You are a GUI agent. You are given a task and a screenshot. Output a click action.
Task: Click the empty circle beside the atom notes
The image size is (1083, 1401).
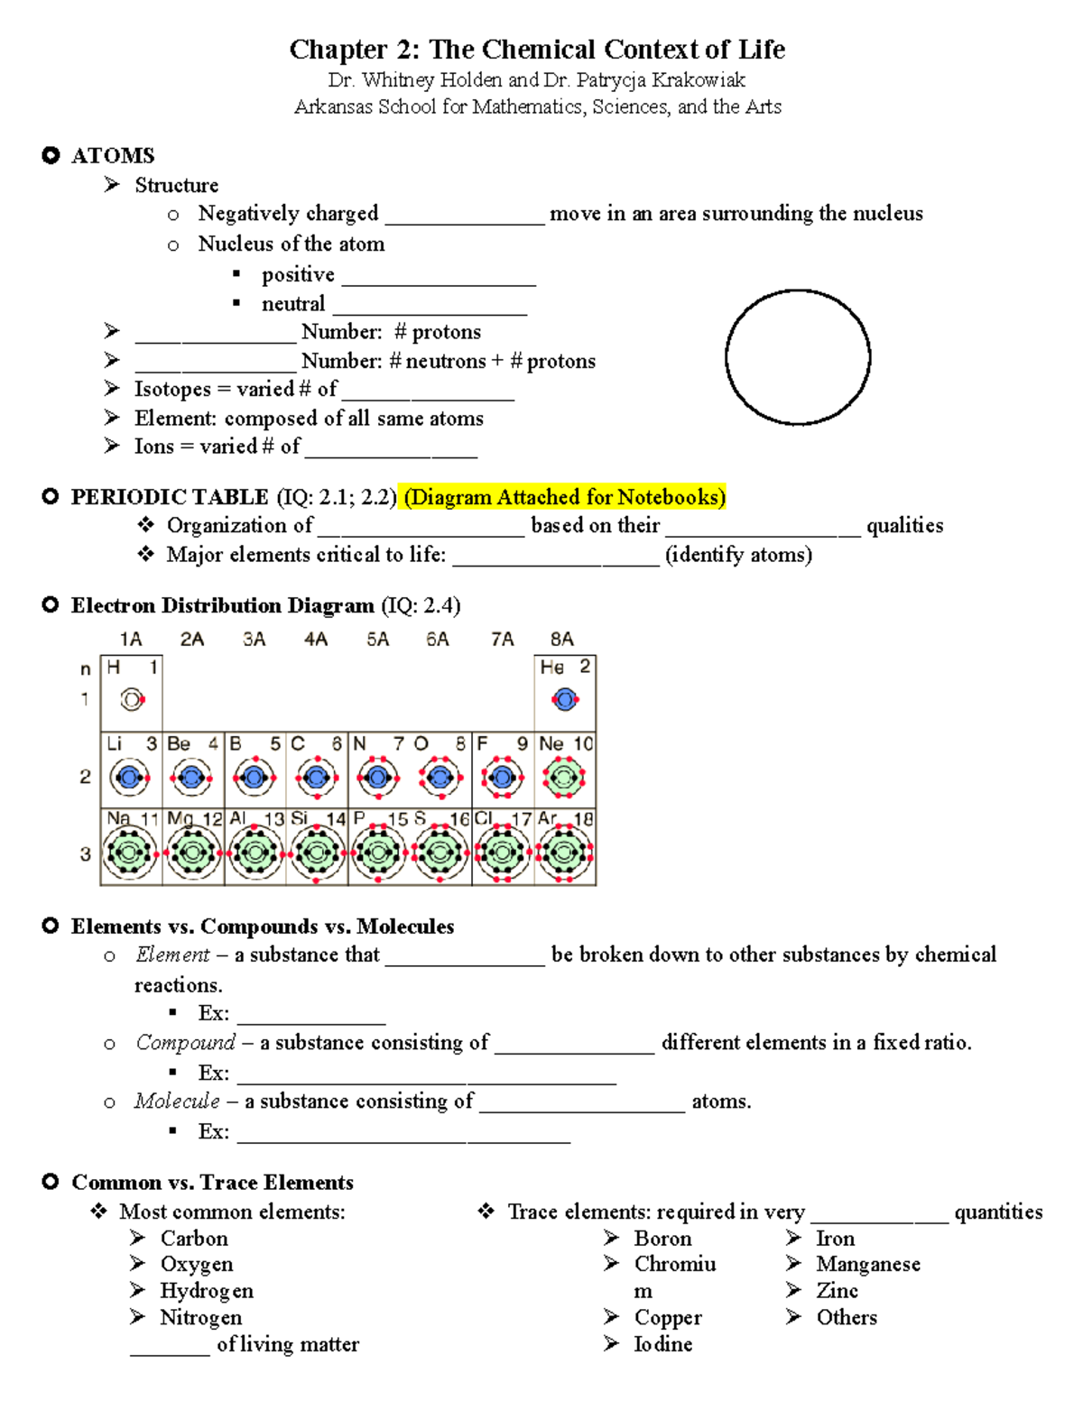798,357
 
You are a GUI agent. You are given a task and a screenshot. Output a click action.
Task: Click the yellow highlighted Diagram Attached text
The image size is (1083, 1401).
565,497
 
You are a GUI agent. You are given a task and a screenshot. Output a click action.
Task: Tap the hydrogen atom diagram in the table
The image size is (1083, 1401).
132,699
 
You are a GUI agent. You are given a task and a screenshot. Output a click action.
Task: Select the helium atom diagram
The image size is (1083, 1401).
565,699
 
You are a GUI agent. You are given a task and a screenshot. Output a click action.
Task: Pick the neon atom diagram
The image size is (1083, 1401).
565,777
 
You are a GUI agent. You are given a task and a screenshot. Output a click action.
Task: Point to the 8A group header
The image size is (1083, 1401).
561,640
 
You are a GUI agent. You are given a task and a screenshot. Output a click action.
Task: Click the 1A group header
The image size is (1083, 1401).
131,640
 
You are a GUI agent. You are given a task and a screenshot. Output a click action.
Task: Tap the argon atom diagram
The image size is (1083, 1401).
565,853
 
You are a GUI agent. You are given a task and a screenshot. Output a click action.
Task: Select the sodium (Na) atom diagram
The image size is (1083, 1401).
130,853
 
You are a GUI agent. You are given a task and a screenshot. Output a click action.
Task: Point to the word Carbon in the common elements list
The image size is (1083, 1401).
194,1239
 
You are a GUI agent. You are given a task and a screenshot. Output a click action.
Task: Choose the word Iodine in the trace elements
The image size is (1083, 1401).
663,1344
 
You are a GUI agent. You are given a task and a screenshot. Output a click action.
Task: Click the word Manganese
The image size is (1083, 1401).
868,1265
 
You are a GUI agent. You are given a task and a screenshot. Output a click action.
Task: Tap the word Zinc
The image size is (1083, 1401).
837,1291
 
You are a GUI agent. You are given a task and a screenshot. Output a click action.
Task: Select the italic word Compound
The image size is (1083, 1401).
185,1043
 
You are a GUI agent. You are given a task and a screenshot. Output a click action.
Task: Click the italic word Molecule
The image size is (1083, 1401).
177,1101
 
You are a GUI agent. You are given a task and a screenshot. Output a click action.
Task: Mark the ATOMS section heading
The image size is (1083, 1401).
113,156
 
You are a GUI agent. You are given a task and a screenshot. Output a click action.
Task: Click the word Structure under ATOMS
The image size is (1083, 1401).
176,185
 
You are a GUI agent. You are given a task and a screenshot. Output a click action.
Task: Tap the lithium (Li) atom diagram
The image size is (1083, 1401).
130,777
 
